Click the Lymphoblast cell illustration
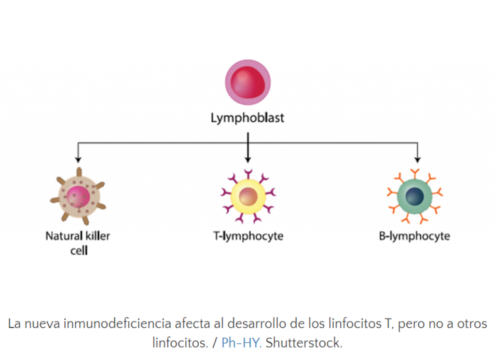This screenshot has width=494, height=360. click(x=247, y=82)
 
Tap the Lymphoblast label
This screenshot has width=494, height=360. click(x=247, y=118)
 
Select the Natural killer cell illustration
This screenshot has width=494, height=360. click(x=78, y=196)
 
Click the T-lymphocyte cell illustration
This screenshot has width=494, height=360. click(x=248, y=196)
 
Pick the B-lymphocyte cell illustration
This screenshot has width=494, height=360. click(x=415, y=196)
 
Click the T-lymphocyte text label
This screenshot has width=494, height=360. click(x=248, y=236)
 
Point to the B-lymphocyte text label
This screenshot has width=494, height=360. click(x=414, y=236)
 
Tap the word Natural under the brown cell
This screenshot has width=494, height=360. click(x=64, y=236)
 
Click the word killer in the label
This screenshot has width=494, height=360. click(x=97, y=236)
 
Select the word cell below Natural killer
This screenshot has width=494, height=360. click(x=79, y=250)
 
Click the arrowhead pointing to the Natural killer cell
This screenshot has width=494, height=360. click(x=78, y=159)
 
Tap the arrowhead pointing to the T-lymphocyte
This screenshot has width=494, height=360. click(x=248, y=159)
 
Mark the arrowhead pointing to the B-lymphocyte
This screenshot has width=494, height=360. click(x=417, y=159)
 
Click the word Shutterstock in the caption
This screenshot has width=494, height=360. click(x=304, y=343)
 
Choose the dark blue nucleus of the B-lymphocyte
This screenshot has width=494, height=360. click(x=414, y=196)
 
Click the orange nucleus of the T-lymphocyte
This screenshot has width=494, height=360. click(x=248, y=196)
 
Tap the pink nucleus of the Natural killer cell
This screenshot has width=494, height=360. click(x=78, y=197)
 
